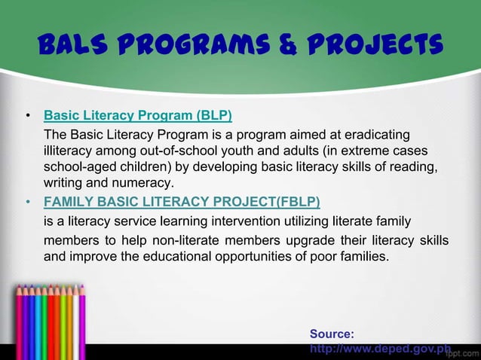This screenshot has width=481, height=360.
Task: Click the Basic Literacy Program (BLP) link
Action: pos(138,116)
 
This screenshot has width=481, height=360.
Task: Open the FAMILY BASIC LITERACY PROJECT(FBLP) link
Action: pos(182,202)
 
